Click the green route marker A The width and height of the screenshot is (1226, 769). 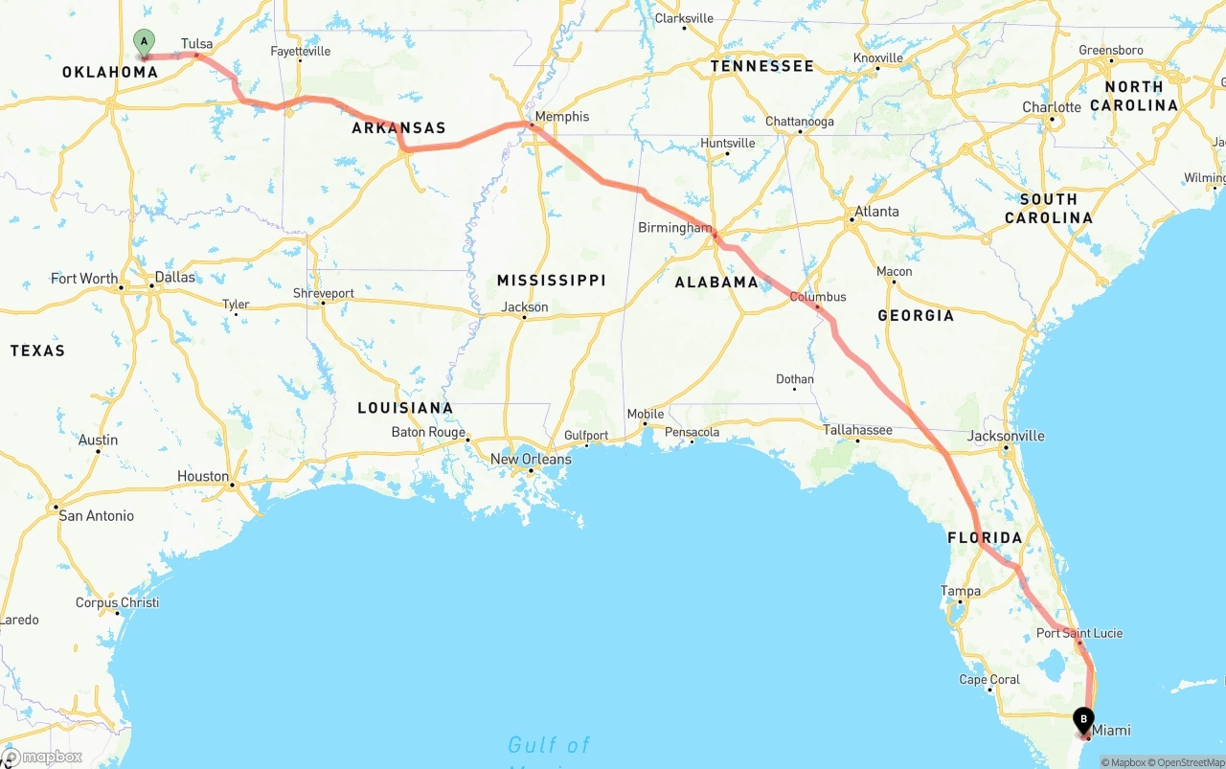pyautogui.click(x=144, y=42)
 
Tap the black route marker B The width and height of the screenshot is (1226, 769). pyautogui.click(x=1083, y=719)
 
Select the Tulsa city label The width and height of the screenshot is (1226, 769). pyautogui.click(x=196, y=44)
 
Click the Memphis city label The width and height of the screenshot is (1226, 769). pyautogui.click(x=562, y=117)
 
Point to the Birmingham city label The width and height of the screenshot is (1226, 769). pyautogui.click(x=675, y=228)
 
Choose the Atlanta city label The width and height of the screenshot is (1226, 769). pyautogui.click(x=876, y=212)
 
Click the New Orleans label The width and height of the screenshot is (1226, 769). pyautogui.click(x=531, y=460)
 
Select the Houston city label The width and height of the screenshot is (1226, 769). pyautogui.click(x=203, y=476)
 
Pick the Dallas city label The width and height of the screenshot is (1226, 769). pyautogui.click(x=174, y=278)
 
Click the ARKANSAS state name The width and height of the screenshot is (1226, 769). pyautogui.click(x=398, y=128)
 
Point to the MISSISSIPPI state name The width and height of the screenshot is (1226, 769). pyautogui.click(x=551, y=281)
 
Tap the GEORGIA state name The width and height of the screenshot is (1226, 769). pyautogui.click(x=916, y=316)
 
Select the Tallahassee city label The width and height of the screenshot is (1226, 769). pyautogui.click(x=857, y=430)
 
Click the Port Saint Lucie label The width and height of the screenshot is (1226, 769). pyautogui.click(x=1079, y=633)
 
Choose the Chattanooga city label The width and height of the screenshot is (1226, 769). pyautogui.click(x=799, y=122)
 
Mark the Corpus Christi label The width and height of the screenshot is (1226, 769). pyautogui.click(x=118, y=603)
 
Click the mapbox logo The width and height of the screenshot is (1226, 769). pyautogui.click(x=42, y=757)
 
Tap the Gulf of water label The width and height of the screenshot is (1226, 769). pyautogui.click(x=549, y=745)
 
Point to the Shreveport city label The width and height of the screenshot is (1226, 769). pyautogui.click(x=324, y=293)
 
